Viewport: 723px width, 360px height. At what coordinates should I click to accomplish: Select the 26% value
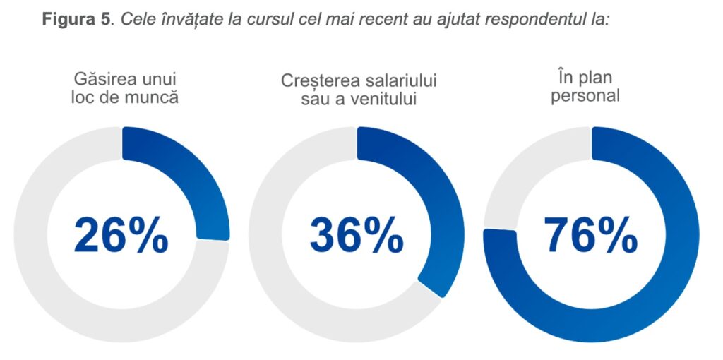(121, 234)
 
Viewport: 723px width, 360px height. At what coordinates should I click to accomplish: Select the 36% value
(357, 234)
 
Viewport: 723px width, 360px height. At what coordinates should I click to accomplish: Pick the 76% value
(591, 234)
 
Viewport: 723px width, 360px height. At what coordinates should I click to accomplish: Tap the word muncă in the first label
(150, 96)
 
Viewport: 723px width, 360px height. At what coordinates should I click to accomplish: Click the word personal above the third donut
(585, 95)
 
